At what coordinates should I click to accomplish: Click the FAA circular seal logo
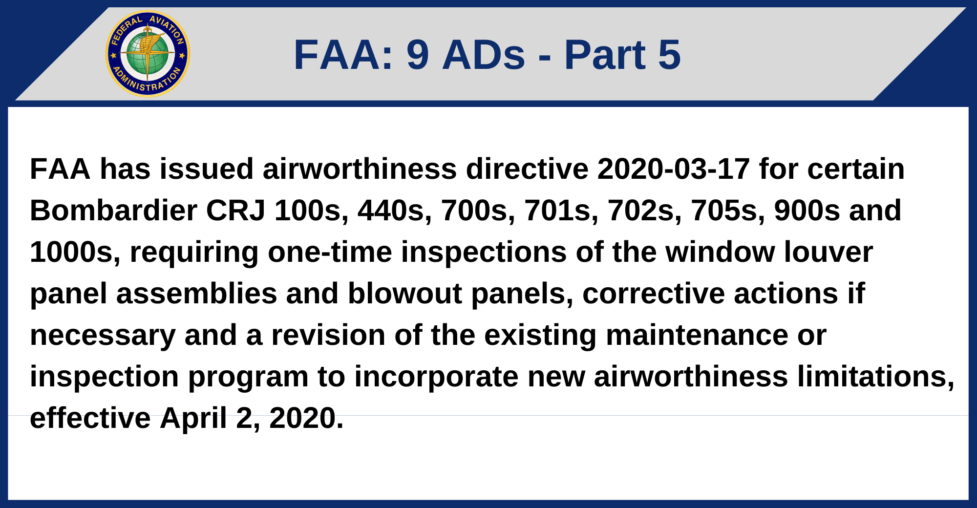point(148,54)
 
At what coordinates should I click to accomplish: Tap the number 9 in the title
point(418,55)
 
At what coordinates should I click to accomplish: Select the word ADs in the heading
point(484,55)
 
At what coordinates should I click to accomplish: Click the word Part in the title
point(605,55)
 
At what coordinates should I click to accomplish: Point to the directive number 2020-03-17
point(673,169)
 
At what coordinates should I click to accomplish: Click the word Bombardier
point(113,211)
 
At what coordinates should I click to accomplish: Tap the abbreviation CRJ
point(235,211)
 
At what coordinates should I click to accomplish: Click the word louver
point(828,252)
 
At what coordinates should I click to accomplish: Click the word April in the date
point(193,418)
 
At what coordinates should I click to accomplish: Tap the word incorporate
point(436,377)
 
